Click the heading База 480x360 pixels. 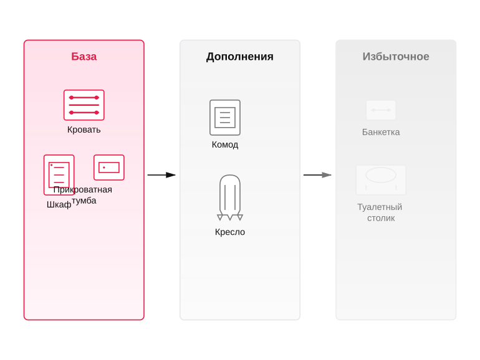coord(84,57)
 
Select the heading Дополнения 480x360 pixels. coord(240,57)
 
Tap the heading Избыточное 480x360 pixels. coord(396,57)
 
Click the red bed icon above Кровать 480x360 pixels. coord(84,105)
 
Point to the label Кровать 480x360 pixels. coord(84,130)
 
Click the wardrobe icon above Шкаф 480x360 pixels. coord(59,174)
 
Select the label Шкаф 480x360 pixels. coord(59,204)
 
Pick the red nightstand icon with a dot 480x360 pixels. coord(109,168)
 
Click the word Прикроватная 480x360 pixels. coord(83,189)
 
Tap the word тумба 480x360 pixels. coord(84,201)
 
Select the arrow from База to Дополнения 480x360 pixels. coord(161,175)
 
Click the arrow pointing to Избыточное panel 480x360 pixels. coord(317,175)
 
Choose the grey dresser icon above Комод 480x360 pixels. coord(225,118)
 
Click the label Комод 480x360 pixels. coord(225,144)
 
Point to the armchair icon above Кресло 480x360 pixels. coord(230,197)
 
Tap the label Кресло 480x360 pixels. coord(230,232)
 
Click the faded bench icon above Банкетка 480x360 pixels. coord(381,110)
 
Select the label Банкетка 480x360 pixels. coord(381,132)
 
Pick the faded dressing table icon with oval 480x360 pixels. coord(381,180)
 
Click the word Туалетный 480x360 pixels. coord(380,207)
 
